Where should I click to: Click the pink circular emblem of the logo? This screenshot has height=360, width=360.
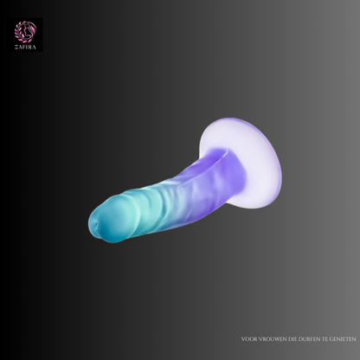tap(25, 31)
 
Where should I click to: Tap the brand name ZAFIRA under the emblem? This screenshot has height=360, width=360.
tap(25, 48)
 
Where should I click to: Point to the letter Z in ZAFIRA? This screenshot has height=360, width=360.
tap(16, 48)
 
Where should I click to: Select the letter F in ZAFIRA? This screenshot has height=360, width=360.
tap(23, 48)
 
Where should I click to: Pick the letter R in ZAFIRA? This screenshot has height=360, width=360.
tap(30, 48)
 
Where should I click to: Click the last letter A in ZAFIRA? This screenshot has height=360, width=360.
tap(35, 48)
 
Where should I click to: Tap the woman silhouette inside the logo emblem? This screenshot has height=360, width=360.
tap(27, 31)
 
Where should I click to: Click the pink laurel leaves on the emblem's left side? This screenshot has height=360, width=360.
tap(18, 32)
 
